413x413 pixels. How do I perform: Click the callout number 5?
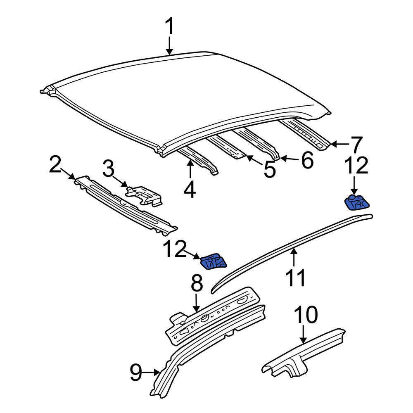tap(270, 170)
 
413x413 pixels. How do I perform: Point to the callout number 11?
tap(295, 278)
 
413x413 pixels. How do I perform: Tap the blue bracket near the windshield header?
tap(214, 262)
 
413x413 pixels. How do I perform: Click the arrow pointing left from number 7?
tap(339, 144)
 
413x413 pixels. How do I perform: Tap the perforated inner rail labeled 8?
tap(215, 316)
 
